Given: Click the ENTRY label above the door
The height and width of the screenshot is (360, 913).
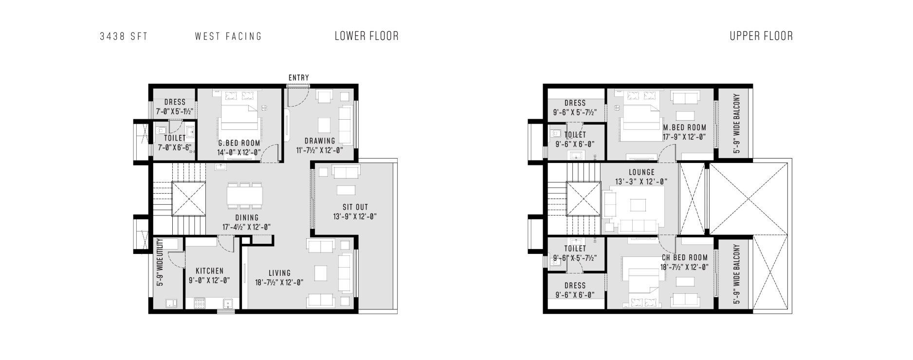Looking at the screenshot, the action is tap(298, 78).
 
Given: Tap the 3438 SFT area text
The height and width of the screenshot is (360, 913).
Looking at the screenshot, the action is tap(124, 36).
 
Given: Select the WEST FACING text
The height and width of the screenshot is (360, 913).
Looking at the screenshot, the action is tap(228, 36).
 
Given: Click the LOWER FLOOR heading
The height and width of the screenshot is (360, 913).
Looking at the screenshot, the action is tap(366, 36).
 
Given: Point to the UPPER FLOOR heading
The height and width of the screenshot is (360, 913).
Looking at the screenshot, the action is tap(761, 36).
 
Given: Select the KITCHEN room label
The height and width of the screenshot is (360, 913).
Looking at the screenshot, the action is tap(209, 271).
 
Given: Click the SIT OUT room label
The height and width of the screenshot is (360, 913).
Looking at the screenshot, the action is tap(355, 207).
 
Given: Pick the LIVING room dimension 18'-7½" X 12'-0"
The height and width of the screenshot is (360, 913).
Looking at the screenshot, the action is tap(279, 283).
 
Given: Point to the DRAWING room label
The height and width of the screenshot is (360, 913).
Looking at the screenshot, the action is tap(320, 141).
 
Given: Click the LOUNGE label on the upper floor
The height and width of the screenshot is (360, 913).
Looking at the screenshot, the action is tap(641, 172).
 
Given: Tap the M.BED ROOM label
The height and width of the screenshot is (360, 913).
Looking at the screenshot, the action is tap(685, 128).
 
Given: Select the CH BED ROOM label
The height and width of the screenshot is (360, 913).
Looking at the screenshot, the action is tap(685, 258).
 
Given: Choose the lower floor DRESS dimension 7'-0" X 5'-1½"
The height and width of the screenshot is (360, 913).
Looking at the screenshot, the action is tap(174, 111).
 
